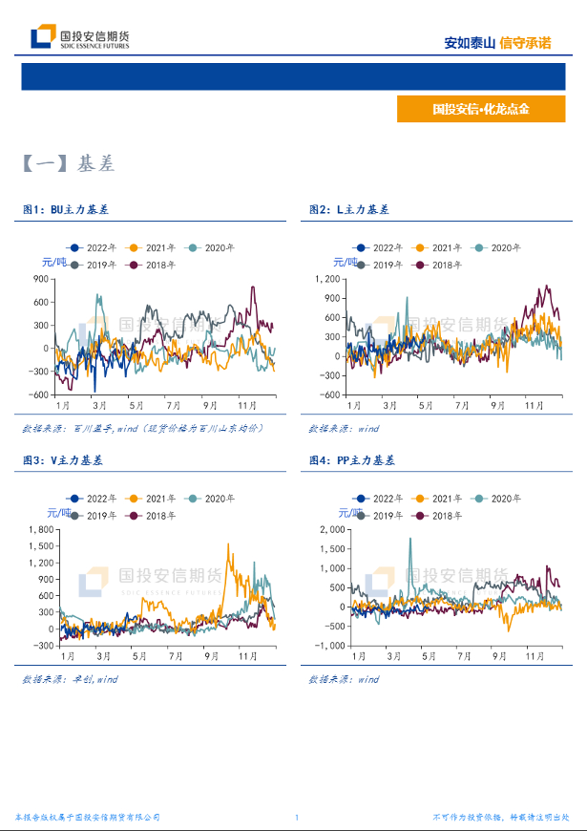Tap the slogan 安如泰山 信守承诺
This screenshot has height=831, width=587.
click(x=497, y=43)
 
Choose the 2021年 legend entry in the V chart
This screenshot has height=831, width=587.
click(x=151, y=499)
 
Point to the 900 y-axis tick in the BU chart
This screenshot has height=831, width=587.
click(x=40, y=278)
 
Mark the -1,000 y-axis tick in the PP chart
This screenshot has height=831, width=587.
click(x=326, y=646)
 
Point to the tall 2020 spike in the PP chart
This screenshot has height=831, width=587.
click(x=410, y=539)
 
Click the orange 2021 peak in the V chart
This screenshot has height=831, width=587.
click(x=229, y=545)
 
